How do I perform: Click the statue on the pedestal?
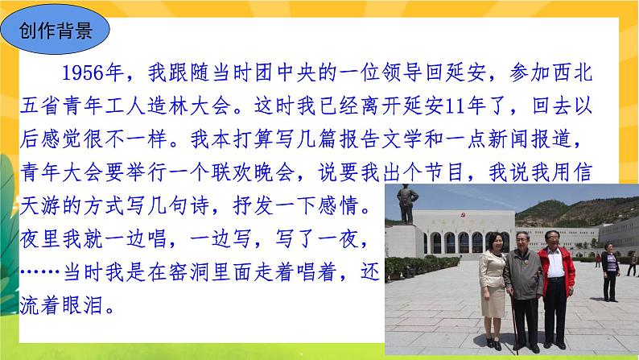coord(407,205)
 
